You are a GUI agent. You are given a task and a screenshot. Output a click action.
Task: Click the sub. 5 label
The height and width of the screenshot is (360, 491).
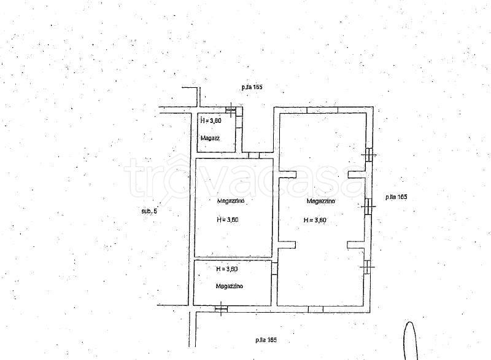click(x=149, y=211)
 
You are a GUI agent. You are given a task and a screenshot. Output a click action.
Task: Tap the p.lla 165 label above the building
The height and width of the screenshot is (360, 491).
click(x=252, y=87)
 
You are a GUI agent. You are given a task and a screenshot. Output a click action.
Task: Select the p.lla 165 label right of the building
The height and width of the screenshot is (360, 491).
click(x=396, y=197)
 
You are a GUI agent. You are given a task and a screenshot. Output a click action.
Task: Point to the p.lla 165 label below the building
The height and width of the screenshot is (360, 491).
click(x=266, y=340)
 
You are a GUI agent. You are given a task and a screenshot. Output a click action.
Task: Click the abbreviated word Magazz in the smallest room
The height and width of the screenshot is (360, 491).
click(x=210, y=138)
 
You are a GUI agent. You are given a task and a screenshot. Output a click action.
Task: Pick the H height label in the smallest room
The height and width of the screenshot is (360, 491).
click(x=211, y=120)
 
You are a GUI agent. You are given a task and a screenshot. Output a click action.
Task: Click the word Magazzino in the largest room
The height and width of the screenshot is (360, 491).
click(x=320, y=201)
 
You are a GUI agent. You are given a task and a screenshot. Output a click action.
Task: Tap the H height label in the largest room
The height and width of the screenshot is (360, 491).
click(x=315, y=220)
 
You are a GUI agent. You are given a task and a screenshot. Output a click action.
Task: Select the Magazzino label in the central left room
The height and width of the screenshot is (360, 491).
click(x=231, y=201)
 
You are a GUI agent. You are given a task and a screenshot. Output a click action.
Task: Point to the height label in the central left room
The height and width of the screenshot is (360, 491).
click(x=227, y=220)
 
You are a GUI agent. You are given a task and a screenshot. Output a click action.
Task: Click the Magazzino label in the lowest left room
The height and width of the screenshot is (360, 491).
click(x=229, y=286)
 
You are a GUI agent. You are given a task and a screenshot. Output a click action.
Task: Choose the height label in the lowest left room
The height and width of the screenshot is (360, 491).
click(x=227, y=269)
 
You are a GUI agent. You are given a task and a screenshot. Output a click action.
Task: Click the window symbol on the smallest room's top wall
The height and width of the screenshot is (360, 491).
click(x=231, y=110)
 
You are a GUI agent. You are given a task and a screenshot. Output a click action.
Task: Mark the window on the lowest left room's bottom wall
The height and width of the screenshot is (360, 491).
click(x=221, y=308)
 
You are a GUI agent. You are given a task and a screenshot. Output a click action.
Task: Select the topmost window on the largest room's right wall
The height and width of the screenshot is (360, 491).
click(x=369, y=155)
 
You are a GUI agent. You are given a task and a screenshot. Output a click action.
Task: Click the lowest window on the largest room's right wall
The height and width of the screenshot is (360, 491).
click(x=367, y=267)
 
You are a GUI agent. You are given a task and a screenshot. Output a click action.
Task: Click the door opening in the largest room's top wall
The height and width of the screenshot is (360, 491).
click(x=322, y=110)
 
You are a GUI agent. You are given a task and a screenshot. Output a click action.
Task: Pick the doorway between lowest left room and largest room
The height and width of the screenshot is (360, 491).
click(x=274, y=269)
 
